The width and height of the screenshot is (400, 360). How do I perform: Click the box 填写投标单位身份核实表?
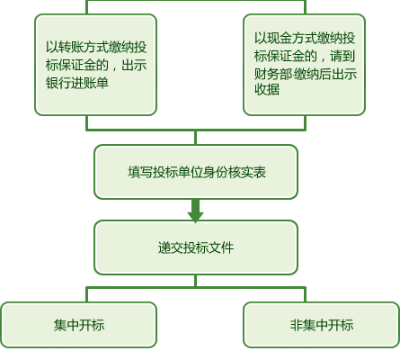[196, 172]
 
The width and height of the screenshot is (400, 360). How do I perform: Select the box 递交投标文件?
[196, 247]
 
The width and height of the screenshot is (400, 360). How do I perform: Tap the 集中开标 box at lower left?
[79, 325]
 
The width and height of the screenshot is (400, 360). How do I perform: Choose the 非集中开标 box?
[322, 325]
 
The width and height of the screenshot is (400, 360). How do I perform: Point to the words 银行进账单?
[77, 83]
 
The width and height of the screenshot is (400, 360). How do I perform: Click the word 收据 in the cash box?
[267, 89]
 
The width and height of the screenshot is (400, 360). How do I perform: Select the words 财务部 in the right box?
[273, 74]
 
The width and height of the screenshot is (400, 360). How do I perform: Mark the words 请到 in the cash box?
[342, 56]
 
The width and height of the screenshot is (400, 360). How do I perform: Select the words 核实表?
[247, 172]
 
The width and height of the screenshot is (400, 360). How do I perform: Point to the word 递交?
[171, 247]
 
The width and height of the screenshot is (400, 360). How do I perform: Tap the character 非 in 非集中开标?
[296, 325]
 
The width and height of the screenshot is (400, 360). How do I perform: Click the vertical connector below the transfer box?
[87, 122]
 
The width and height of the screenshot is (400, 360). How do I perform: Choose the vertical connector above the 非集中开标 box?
[305, 294]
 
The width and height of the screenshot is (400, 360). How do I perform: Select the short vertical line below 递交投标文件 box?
[196, 281]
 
